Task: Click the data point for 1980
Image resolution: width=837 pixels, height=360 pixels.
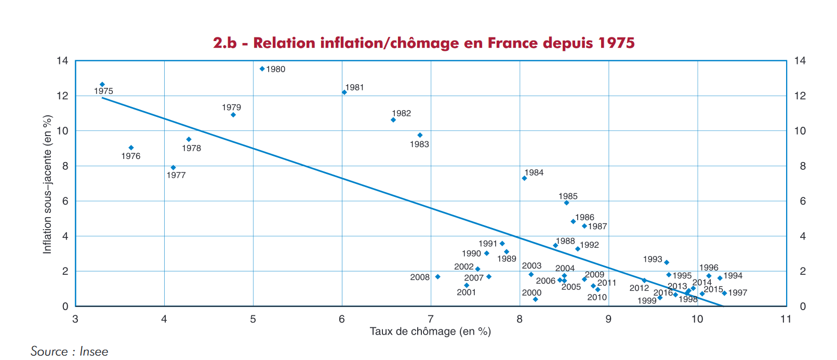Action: click(262, 69)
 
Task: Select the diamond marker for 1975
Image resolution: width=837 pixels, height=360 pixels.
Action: click(102, 84)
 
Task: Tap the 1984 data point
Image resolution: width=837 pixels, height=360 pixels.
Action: click(524, 178)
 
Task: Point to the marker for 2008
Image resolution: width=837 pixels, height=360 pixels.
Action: click(437, 277)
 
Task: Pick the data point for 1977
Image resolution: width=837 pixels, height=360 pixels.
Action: click(173, 167)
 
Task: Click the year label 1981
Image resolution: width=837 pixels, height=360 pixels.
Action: click(355, 87)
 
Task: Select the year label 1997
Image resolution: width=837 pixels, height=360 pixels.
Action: click(737, 293)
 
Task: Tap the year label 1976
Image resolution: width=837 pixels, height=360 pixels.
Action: click(131, 156)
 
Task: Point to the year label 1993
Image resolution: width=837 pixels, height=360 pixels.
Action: click(653, 259)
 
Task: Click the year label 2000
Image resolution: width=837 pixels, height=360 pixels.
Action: click(532, 292)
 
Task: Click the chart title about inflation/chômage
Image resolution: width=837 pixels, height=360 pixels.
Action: click(424, 43)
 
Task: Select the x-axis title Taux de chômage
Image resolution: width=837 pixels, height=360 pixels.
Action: click(430, 331)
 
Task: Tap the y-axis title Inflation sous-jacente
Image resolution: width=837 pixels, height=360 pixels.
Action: click(48, 184)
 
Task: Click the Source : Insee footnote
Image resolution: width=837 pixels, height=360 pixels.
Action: click(70, 351)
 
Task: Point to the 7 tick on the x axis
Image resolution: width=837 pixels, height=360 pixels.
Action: click(431, 319)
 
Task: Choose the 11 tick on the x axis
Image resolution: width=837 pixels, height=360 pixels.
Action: click(786, 319)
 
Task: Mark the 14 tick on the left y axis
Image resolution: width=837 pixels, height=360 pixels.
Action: click(62, 61)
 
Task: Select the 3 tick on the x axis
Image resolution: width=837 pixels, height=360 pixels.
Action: click(75, 319)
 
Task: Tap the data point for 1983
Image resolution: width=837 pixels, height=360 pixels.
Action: click(420, 135)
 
